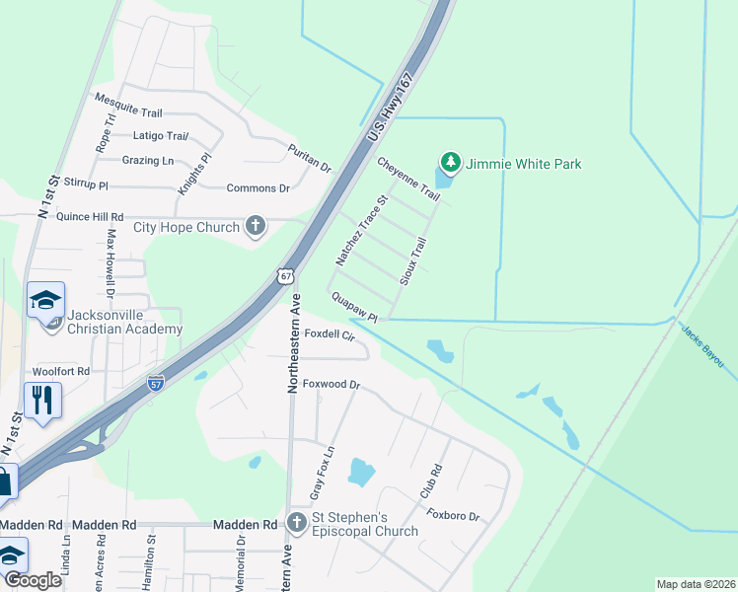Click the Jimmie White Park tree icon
point(451,163)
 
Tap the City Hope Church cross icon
point(256,227)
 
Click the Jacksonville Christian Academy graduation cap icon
point(45,300)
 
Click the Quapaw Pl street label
point(355,306)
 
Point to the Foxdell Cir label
point(330,334)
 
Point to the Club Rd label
point(428,481)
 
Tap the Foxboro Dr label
point(452,516)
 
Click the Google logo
point(33,580)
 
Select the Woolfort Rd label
point(61,371)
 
